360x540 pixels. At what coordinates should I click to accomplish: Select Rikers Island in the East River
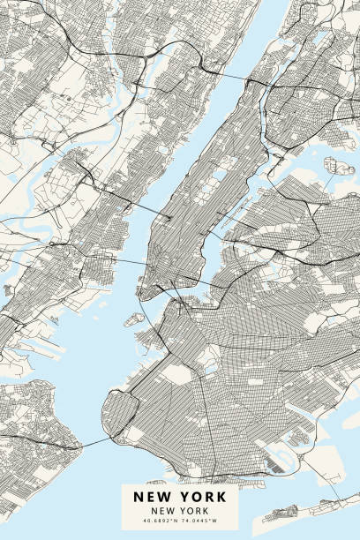pos(339,166)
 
